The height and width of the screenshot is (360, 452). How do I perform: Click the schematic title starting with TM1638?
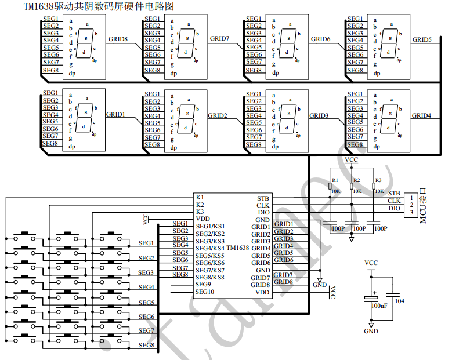pyautogui.click(x=99, y=6)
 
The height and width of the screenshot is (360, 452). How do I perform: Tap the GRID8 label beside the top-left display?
pyautogui.click(x=118, y=39)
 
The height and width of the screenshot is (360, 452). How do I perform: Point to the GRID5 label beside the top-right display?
pyautogui.click(x=422, y=39)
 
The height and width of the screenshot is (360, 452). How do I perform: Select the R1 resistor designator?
pyautogui.click(x=335, y=180)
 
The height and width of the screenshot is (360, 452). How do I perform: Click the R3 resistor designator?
pyautogui.click(x=378, y=180)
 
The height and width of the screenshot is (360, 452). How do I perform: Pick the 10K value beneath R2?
pyautogui.click(x=357, y=191)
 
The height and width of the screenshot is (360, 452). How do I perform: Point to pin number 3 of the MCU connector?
pyautogui.click(x=411, y=213)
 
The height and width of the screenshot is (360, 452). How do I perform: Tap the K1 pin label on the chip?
pyautogui.click(x=200, y=198)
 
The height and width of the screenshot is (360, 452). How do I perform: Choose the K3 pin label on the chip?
pyautogui.click(x=200, y=212)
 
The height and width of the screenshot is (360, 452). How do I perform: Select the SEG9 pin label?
pyautogui.click(x=204, y=284)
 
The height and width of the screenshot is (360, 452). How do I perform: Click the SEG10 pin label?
pyautogui.click(x=205, y=292)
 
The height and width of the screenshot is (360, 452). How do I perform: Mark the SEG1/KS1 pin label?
pyautogui.click(x=210, y=227)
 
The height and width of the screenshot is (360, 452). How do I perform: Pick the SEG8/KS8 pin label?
pyautogui.click(x=210, y=277)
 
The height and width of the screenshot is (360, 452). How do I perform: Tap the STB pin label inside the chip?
pyautogui.click(x=263, y=198)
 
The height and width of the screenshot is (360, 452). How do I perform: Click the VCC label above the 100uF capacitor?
pyautogui.click(x=371, y=263)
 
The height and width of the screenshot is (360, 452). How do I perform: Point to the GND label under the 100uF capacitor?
pyautogui.click(x=371, y=331)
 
